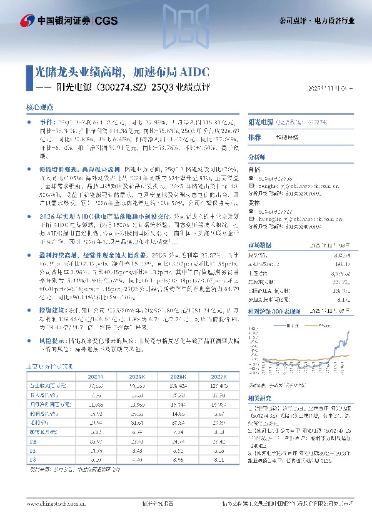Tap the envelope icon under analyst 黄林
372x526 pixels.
point(251,219)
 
